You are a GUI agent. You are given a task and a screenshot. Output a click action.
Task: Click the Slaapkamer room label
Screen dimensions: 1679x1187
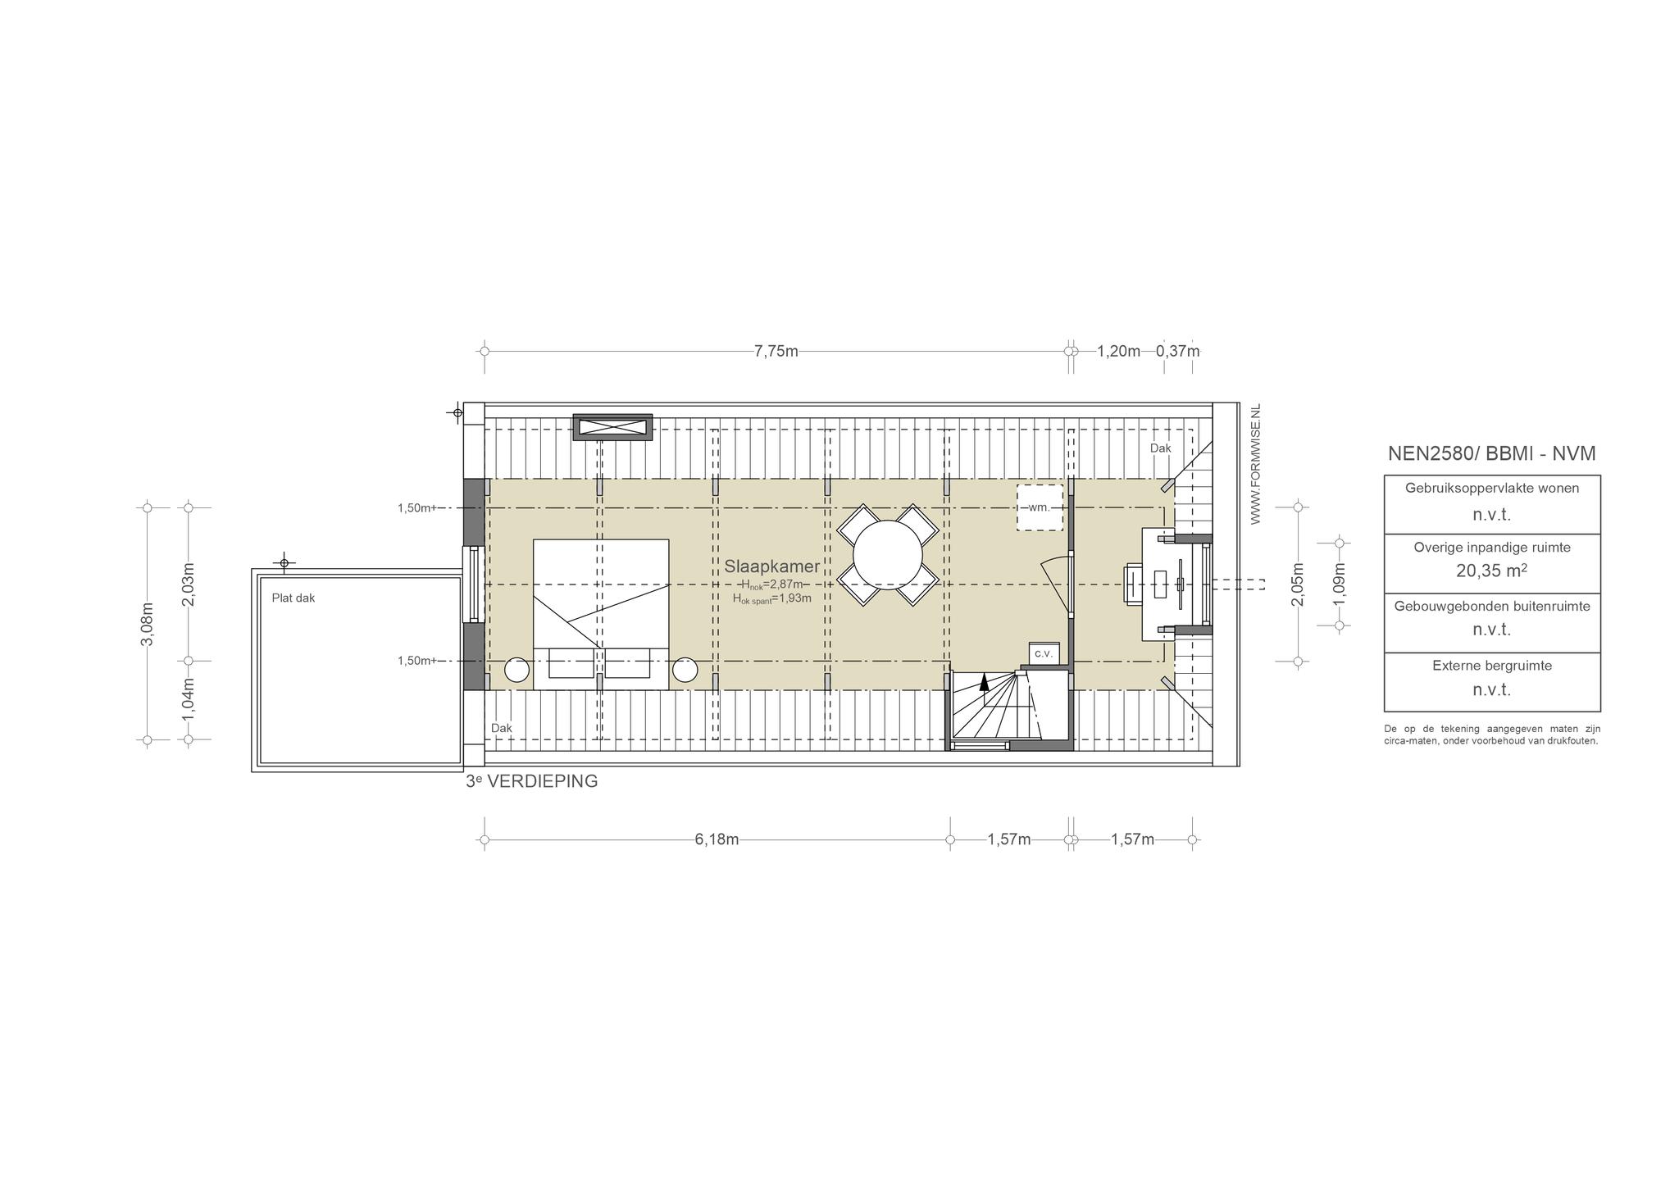771,566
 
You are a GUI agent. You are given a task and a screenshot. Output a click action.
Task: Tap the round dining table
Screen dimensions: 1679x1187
887,555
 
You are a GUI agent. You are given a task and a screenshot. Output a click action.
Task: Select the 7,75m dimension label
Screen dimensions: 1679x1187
776,352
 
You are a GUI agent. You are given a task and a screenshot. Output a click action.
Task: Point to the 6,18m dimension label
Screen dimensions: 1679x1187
717,839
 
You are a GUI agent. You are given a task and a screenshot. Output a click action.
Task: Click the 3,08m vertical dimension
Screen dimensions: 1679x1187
148,624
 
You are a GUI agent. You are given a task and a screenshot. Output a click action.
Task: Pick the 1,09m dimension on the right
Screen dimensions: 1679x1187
1340,584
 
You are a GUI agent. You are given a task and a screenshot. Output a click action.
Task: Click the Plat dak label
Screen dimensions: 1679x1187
293,598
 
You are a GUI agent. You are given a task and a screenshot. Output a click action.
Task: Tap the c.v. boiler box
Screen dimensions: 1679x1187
1044,653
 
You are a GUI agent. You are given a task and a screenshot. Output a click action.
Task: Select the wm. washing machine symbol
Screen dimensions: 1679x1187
1040,507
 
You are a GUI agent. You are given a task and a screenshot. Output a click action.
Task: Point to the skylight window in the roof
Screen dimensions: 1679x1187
612,427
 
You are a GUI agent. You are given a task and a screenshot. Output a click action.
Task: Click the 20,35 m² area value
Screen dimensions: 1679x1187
1491,571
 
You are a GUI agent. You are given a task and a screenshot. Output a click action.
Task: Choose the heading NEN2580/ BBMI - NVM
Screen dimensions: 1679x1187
1491,453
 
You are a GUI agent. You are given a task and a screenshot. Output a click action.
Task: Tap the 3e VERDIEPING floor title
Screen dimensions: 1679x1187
531,781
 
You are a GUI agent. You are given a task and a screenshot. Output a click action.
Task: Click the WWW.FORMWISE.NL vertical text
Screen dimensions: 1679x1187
1254,464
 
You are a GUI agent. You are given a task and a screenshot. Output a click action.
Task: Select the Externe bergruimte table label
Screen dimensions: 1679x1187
1492,666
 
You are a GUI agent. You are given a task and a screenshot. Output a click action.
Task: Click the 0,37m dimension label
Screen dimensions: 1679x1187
1177,352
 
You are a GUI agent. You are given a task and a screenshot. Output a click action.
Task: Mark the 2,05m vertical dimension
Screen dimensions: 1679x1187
1298,584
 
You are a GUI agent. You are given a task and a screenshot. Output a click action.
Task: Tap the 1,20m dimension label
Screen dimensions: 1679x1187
1118,352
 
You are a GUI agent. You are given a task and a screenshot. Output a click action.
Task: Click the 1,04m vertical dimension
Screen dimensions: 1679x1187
189,699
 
